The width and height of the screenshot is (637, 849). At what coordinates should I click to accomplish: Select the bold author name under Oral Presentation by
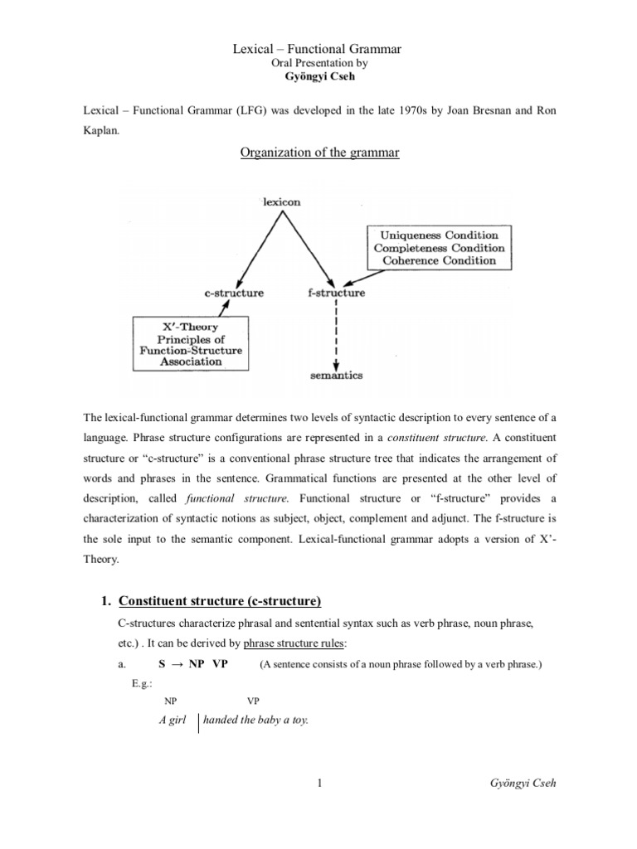(318, 77)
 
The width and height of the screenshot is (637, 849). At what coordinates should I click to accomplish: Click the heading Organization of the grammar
(318, 153)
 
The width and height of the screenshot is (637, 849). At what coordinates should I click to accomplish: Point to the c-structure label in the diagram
(235, 293)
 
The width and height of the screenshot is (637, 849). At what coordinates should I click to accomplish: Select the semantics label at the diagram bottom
(335, 375)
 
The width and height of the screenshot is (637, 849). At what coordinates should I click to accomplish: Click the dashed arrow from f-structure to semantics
(335, 336)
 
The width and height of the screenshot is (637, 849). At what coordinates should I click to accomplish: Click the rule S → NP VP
(193, 665)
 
